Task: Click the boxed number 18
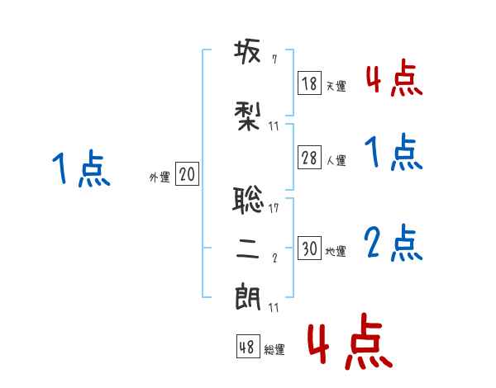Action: coord(310,83)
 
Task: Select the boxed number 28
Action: coord(310,159)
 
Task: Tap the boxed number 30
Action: coord(310,248)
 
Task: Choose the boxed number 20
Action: coord(187,174)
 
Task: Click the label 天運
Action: coord(336,86)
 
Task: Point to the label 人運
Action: coord(336,161)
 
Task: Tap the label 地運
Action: coord(336,251)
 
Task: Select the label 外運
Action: coord(160,177)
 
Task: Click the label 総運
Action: coord(274,350)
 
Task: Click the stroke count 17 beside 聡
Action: coord(274,208)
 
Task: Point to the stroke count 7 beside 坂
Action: coord(274,59)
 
